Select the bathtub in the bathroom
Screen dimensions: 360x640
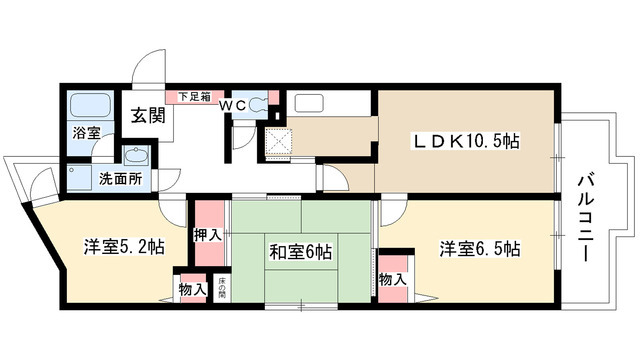click(87, 104)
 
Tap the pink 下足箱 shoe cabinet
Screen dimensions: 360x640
click(194, 96)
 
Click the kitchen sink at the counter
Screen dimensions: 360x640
click(307, 104)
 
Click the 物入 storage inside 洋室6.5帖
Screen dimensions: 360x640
click(393, 279)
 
